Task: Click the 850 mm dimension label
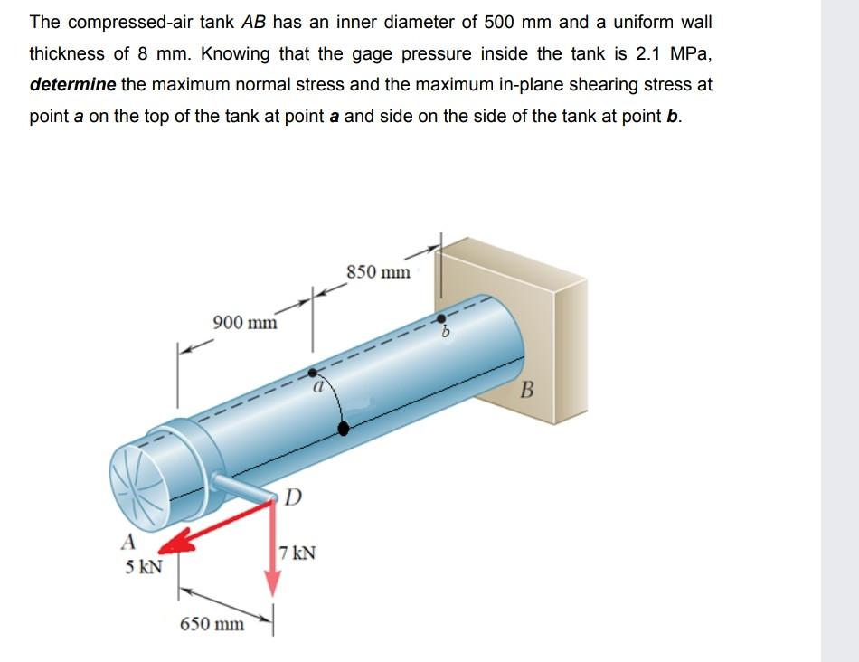click(378, 271)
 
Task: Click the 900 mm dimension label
click(245, 322)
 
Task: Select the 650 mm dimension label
click(212, 624)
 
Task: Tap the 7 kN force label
click(297, 553)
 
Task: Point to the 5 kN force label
click(144, 567)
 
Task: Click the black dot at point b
click(442, 317)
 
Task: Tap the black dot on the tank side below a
click(343, 429)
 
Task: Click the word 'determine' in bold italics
click(71, 84)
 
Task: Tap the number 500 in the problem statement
click(503, 22)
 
